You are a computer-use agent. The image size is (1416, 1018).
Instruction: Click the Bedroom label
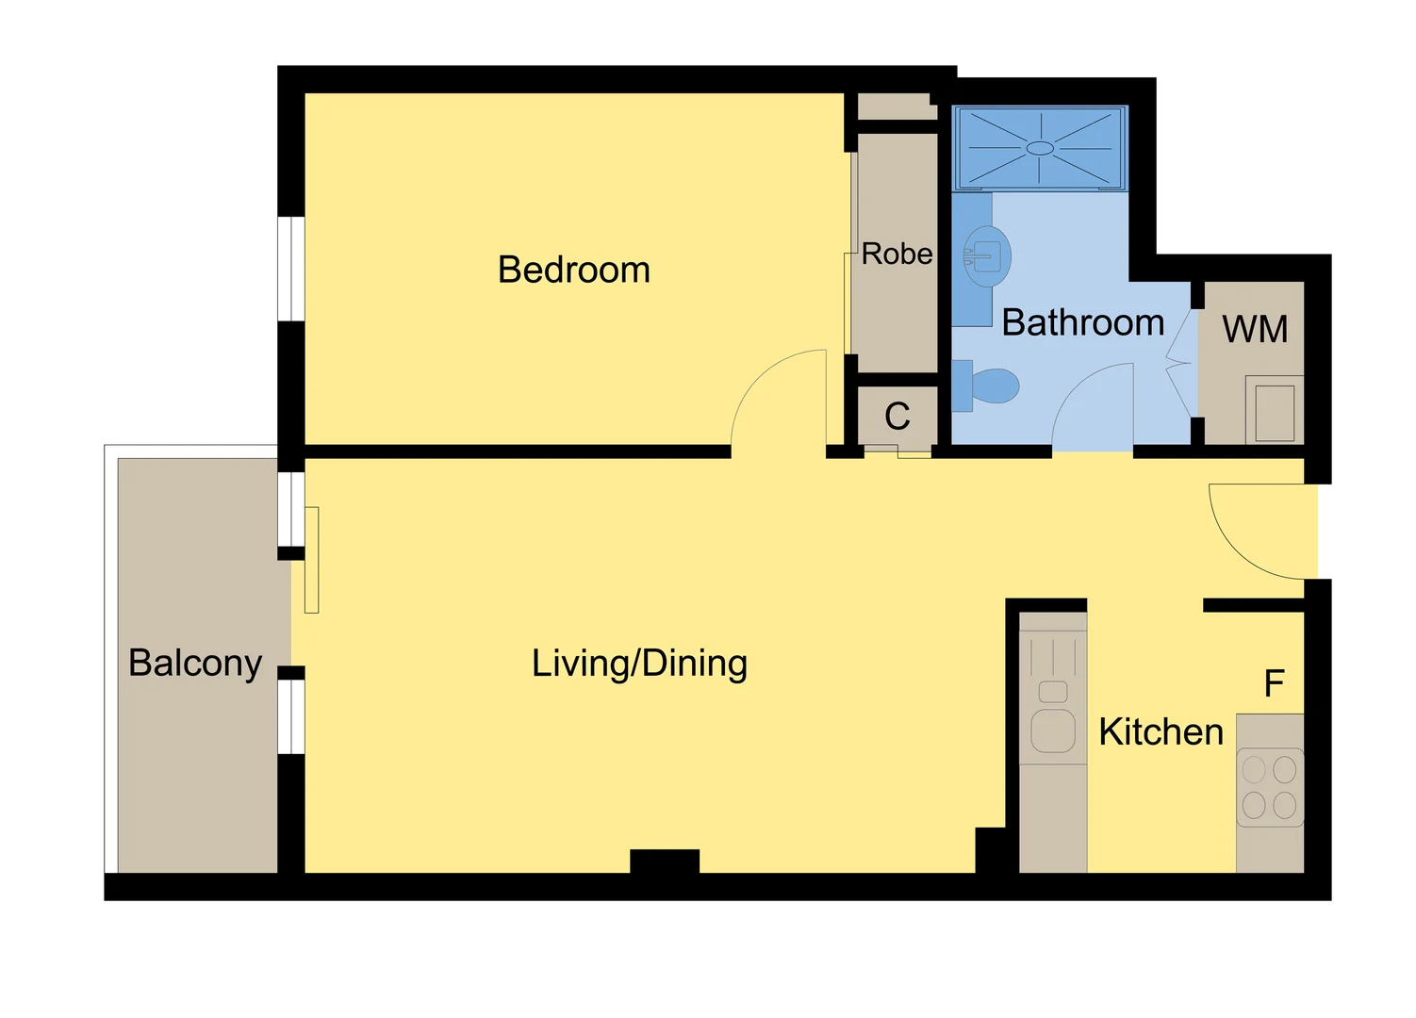pos(573,271)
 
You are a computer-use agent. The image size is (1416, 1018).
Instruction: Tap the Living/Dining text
pos(639,664)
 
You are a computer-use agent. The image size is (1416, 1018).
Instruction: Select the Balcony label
pos(195,663)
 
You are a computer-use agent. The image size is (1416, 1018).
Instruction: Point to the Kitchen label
pos(1161,732)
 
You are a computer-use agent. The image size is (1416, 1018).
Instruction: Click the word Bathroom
pos(1082,323)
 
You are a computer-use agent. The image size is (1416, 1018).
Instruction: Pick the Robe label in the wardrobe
pos(897,254)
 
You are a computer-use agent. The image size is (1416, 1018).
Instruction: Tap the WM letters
pos(1255,330)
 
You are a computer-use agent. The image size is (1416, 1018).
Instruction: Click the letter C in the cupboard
pos(897,417)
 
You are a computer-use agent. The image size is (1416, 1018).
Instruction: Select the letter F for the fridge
pos(1274,683)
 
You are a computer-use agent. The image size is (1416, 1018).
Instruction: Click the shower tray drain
pos(1040,148)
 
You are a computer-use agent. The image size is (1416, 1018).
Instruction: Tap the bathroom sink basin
pos(986,255)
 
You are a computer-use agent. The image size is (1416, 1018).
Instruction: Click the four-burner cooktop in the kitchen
pos(1269,787)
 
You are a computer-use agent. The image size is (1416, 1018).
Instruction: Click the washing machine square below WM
pos(1275,411)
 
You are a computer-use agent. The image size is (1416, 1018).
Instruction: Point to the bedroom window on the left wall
pos(291,269)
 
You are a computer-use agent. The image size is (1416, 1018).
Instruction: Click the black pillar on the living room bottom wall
pos(665,862)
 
